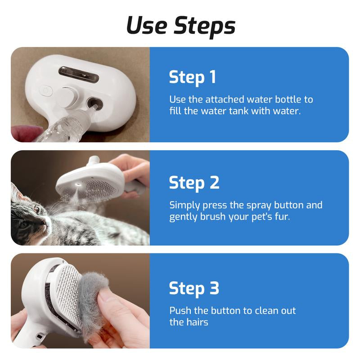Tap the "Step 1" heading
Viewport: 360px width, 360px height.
click(193, 77)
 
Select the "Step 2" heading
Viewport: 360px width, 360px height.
click(194, 182)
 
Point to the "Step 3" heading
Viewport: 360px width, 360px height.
click(194, 288)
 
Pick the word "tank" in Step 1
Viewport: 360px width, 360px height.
click(238, 110)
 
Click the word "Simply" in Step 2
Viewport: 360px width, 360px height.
click(184, 205)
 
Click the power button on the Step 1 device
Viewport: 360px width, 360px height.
click(45, 90)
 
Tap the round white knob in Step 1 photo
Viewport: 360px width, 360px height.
click(68, 96)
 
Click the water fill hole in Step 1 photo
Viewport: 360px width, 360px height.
click(95, 103)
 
